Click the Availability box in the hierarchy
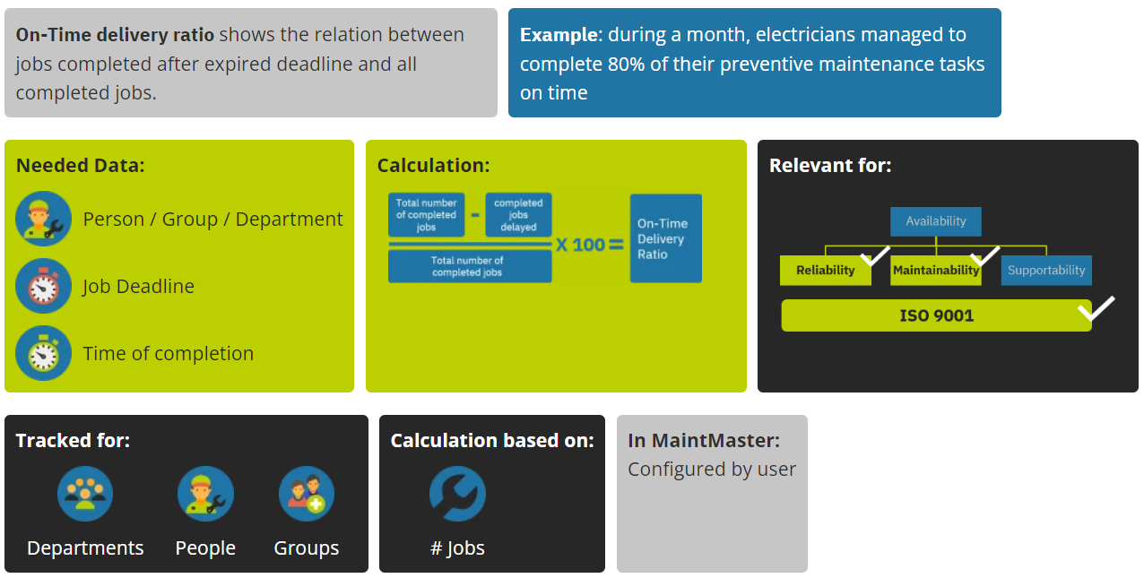[935, 221]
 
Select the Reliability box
[825, 271]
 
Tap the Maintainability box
[935, 271]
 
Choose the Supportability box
[1046, 271]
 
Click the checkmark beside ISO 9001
[1096, 307]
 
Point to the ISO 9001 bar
[936, 315]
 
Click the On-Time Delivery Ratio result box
[665, 238]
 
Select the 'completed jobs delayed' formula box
[518, 216]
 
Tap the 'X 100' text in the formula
[580, 244]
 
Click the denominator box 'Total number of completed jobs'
[469, 266]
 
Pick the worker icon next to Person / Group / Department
[43, 219]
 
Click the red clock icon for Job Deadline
[43, 286]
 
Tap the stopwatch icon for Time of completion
[43, 353]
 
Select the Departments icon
[85, 494]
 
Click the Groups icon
[307, 494]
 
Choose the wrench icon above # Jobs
[457, 494]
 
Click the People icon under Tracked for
[205, 494]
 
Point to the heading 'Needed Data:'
[80, 166]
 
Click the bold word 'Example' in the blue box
[558, 35]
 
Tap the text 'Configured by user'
[712, 470]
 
